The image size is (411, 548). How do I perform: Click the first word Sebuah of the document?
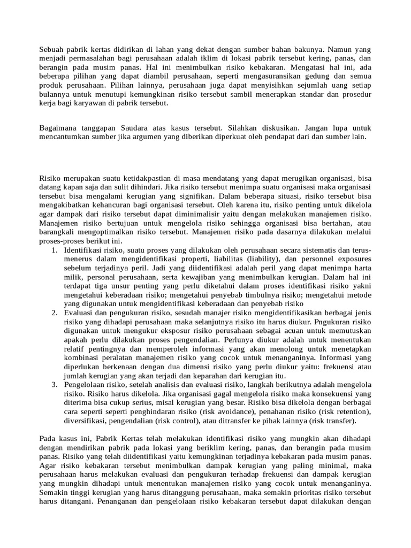pos(51,49)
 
